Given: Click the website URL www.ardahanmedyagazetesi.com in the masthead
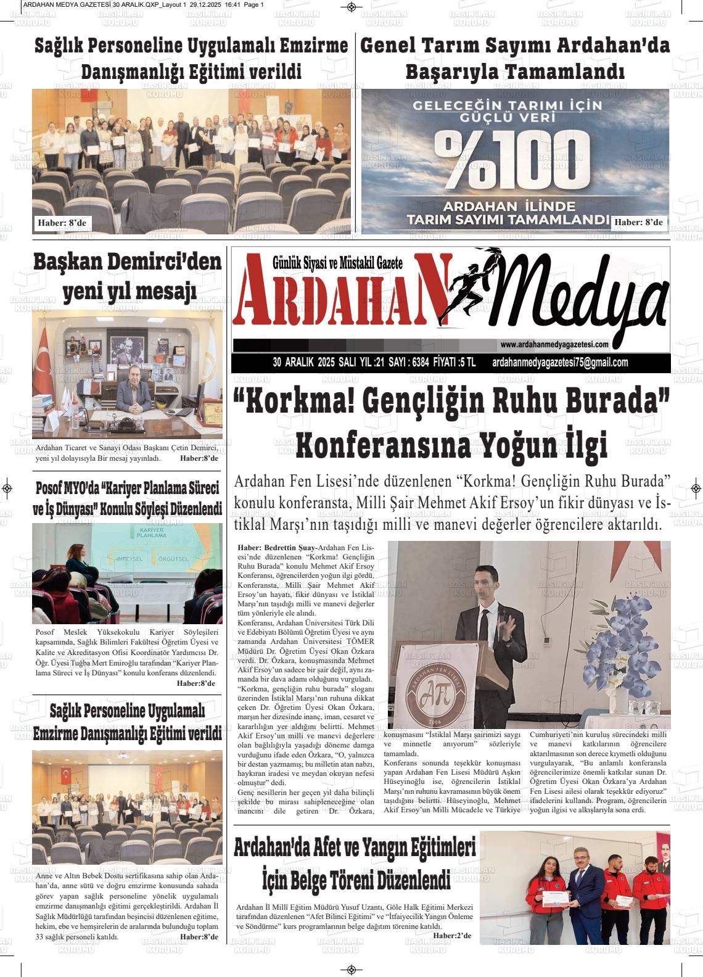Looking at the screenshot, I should [555, 345].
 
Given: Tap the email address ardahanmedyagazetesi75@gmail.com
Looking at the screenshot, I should [560, 363].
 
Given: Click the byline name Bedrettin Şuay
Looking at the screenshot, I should [290, 547].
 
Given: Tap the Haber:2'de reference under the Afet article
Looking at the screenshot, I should [452, 936].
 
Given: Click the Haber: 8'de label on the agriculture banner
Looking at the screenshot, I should [638, 222].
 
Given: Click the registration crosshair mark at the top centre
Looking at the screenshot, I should [351, 7].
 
